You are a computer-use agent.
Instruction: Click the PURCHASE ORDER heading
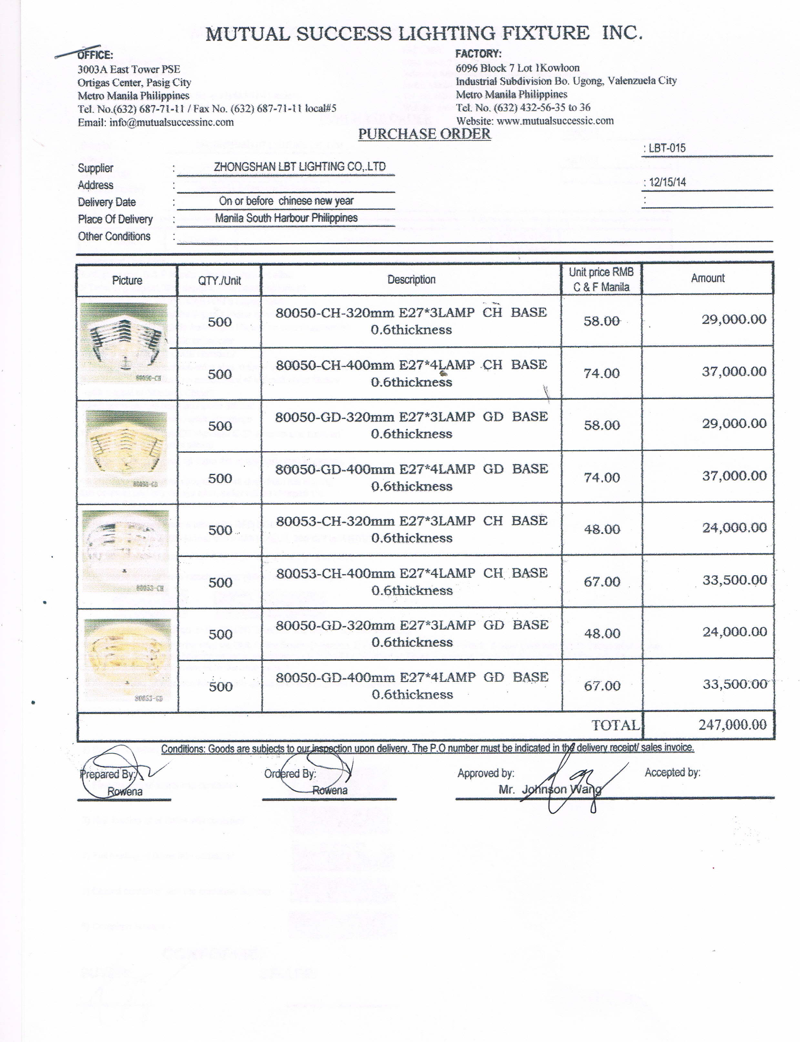coord(424,134)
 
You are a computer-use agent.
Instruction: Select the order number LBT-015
coord(667,148)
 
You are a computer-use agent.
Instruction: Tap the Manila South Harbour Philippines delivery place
coord(286,218)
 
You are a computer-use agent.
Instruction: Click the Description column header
coord(411,279)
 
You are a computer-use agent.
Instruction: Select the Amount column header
coord(708,278)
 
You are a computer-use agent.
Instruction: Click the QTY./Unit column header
coord(219,280)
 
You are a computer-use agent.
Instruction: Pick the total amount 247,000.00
coord(732,725)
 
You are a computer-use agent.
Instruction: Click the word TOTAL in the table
coord(615,725)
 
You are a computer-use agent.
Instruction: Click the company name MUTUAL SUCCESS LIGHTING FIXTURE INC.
coord(424,33)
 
